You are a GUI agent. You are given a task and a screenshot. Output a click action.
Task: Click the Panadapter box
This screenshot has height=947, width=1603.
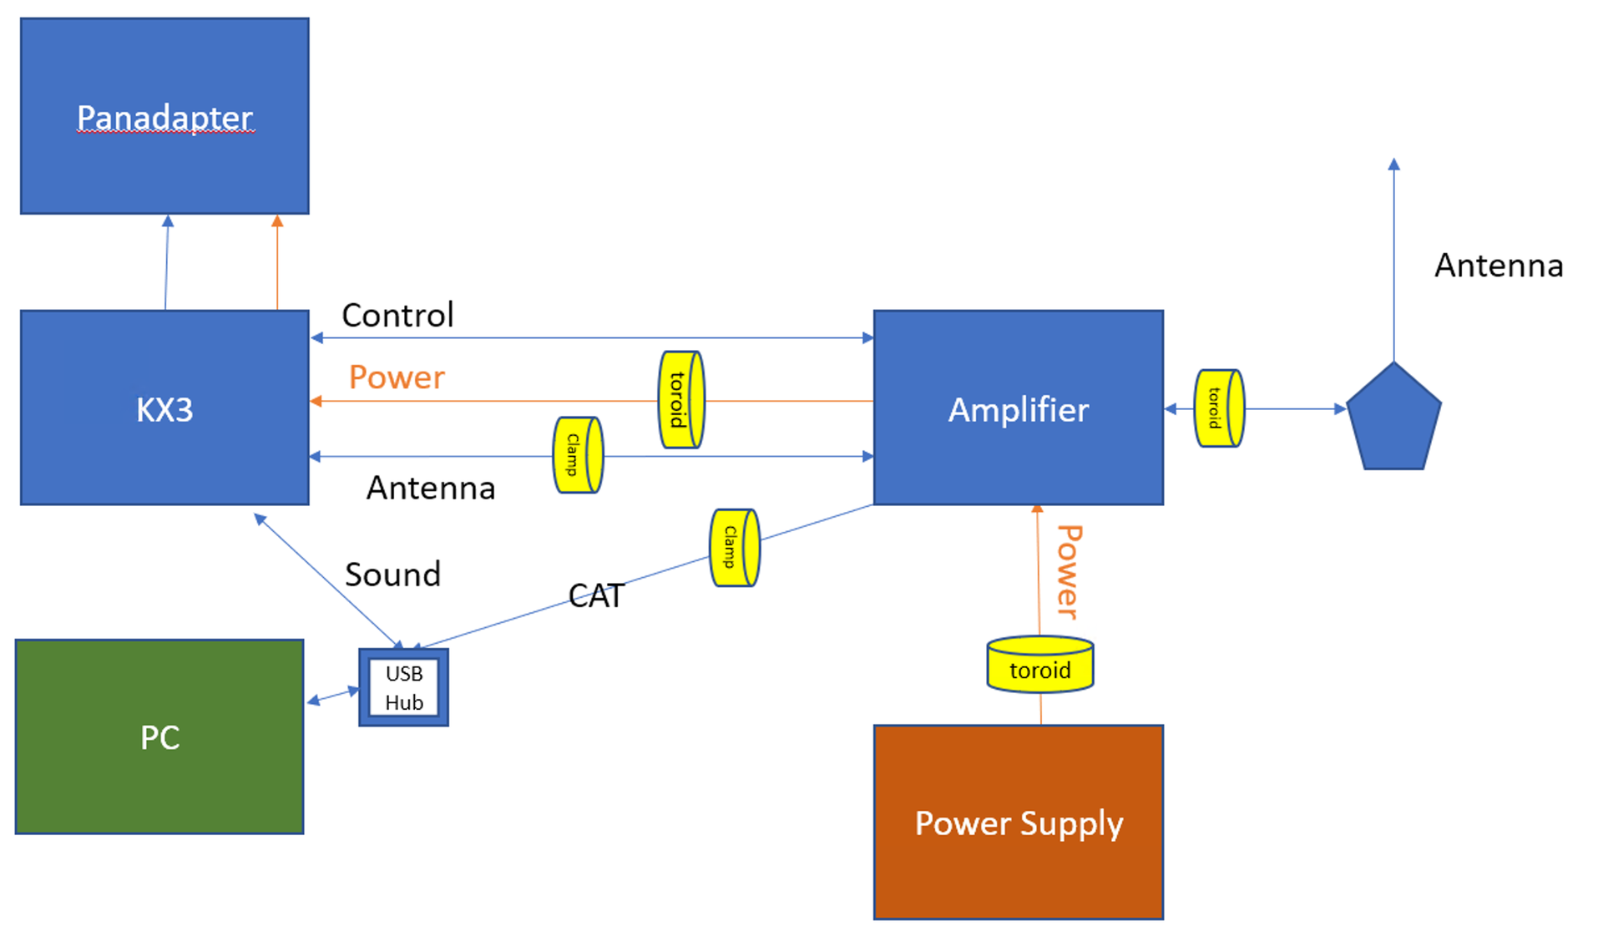(164, 116)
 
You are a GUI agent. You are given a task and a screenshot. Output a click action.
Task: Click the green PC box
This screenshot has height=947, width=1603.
(159, 737)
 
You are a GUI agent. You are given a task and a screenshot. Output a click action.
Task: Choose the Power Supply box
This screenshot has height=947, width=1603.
(1018, 823)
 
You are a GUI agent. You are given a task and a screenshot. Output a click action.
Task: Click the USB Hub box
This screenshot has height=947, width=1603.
(404, 687)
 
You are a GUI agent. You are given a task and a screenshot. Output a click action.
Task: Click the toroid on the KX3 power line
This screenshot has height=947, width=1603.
(681, 399)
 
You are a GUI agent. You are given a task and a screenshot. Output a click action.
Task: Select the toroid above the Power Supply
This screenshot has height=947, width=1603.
(1039, 666)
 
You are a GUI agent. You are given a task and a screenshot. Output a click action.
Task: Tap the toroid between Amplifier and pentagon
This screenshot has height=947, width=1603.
(1219, 408)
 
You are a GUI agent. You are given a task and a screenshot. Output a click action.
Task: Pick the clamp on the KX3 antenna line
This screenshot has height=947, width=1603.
(578, 455)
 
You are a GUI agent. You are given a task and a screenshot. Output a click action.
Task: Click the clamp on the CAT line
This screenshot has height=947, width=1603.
(734, 548)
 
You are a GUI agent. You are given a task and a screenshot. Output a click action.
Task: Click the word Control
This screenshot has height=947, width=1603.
(397, 315)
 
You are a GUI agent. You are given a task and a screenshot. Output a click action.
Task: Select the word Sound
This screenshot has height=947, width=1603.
(392, 575)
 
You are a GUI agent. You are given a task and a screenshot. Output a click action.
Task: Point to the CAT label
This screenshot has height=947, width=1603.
(596, 595)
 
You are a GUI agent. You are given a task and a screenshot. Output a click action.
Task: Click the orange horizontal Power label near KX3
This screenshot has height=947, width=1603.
(397, 377)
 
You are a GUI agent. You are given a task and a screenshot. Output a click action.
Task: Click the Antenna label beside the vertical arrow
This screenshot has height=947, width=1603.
(1499, 266)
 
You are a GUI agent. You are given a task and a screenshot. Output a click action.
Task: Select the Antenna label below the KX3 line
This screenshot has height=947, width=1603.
(431, 488)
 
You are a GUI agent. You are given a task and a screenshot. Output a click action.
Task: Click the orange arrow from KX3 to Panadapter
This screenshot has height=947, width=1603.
(277, 262)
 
